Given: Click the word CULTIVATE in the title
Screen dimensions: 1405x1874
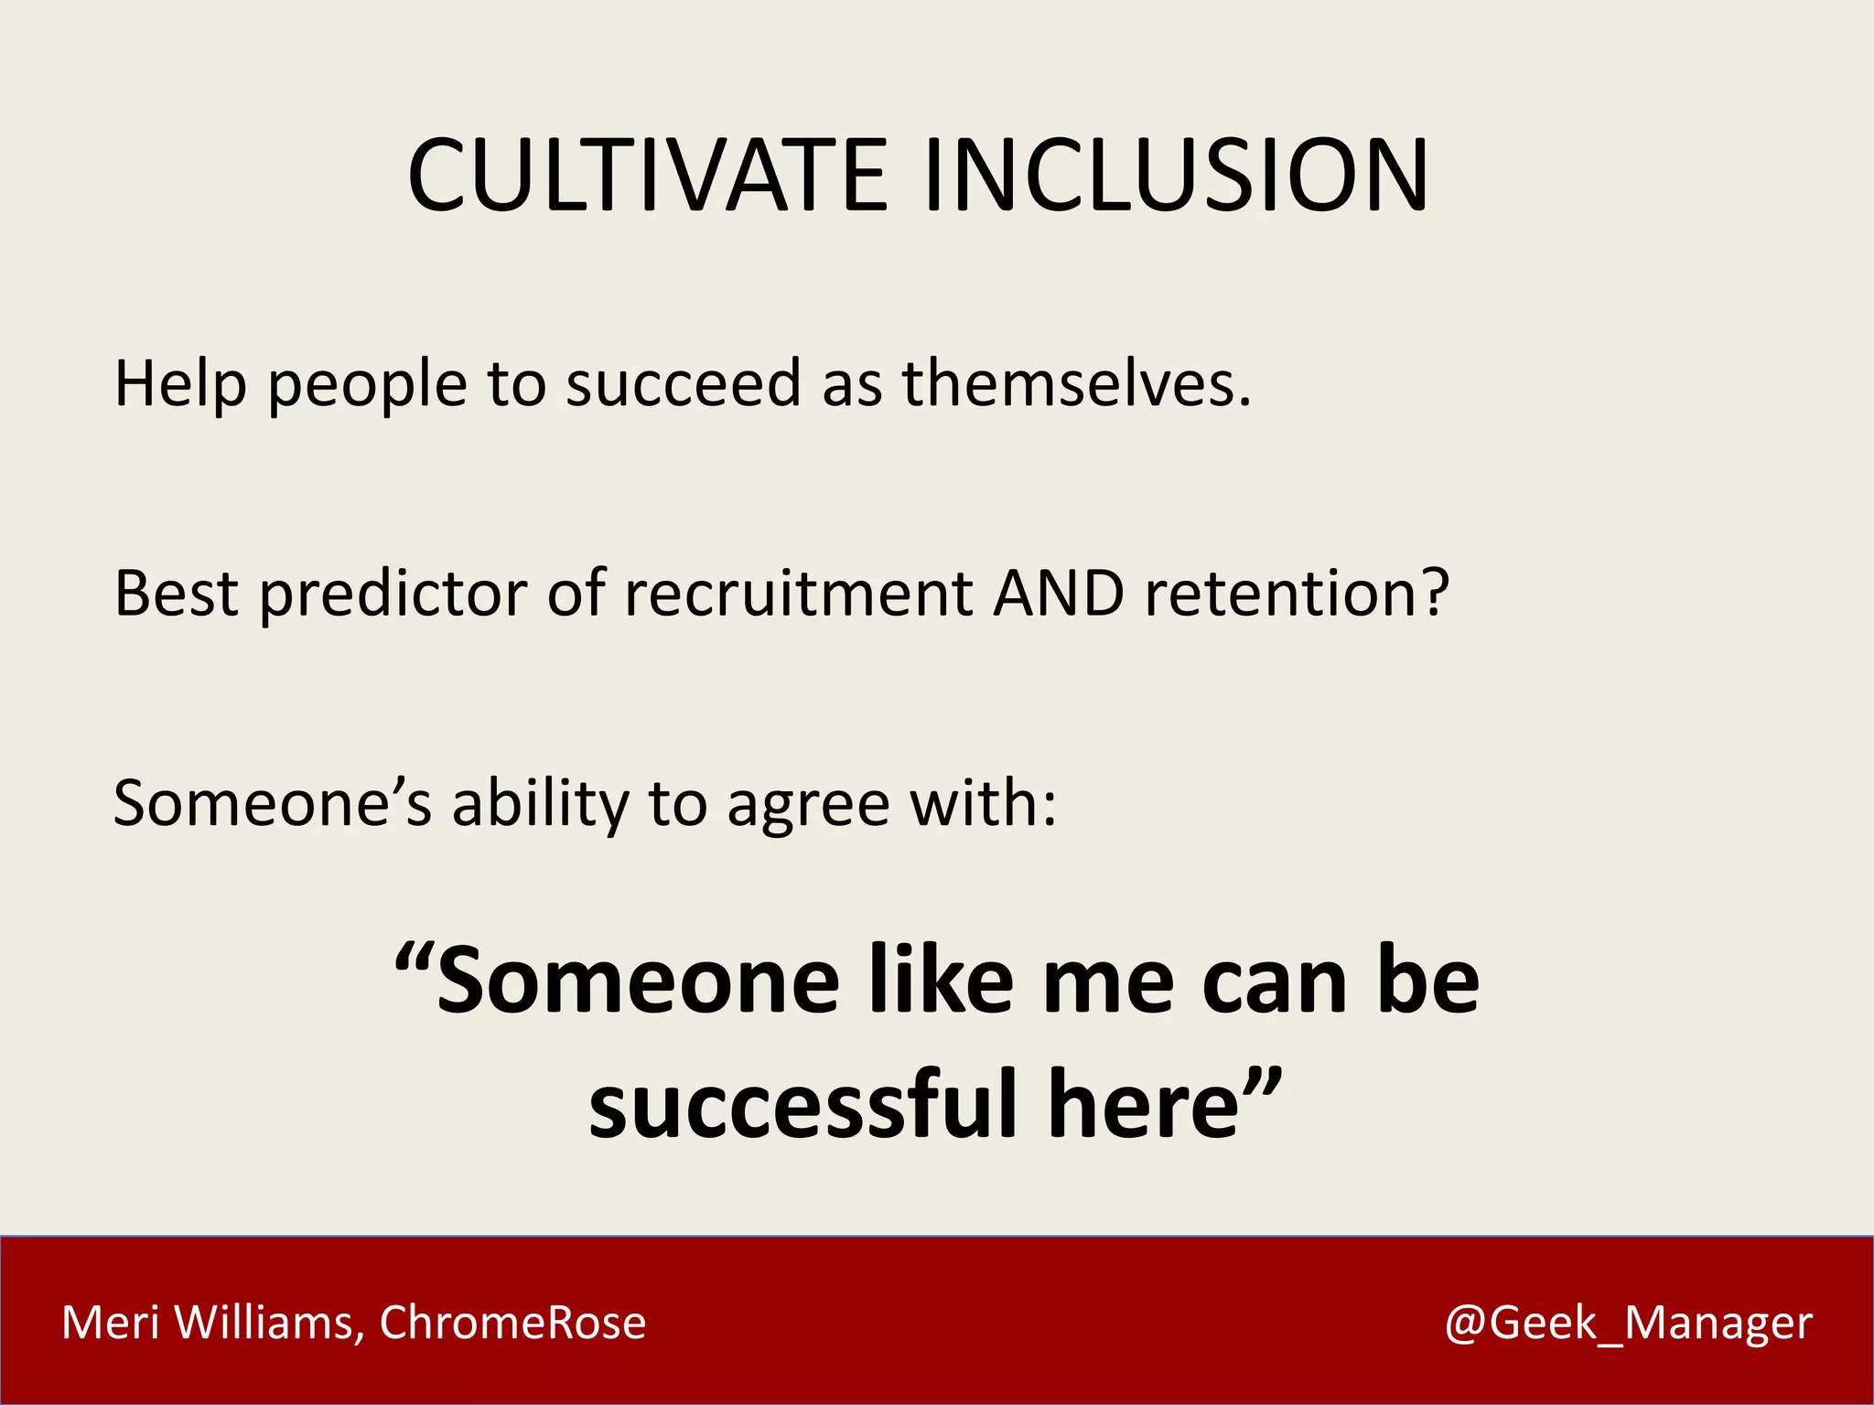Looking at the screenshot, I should pyautogui.click(x=647, y=176).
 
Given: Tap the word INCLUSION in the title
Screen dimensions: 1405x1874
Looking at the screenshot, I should pyautogui.click(x=1176, y=176).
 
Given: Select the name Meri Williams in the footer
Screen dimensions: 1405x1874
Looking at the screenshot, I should pyautogui.click(x=207, y=1323).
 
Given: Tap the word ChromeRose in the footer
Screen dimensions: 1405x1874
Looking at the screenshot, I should pyautogui.click(x=512, y=1323).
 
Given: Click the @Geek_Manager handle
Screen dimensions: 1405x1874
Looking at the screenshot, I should pyautogui.click(x=1628, y=1324).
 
